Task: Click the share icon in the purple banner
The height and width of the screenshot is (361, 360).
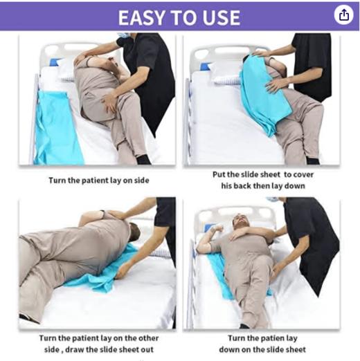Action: click(x=343, y=15)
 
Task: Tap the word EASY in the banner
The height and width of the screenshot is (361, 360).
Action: click(x=141, y=18)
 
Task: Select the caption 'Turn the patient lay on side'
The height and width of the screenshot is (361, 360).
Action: click(x=99, y=180)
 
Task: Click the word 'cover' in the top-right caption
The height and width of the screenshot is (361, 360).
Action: click(x=303, y=174)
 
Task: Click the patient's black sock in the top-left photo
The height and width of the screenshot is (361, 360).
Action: click(x=143, y=160)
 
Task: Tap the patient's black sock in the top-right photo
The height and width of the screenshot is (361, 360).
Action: click(x=313, y=161)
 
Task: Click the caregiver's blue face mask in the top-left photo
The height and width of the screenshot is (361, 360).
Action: click(x=123, y=35)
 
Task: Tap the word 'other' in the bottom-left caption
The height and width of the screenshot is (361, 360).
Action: click(x=148, y=338)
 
